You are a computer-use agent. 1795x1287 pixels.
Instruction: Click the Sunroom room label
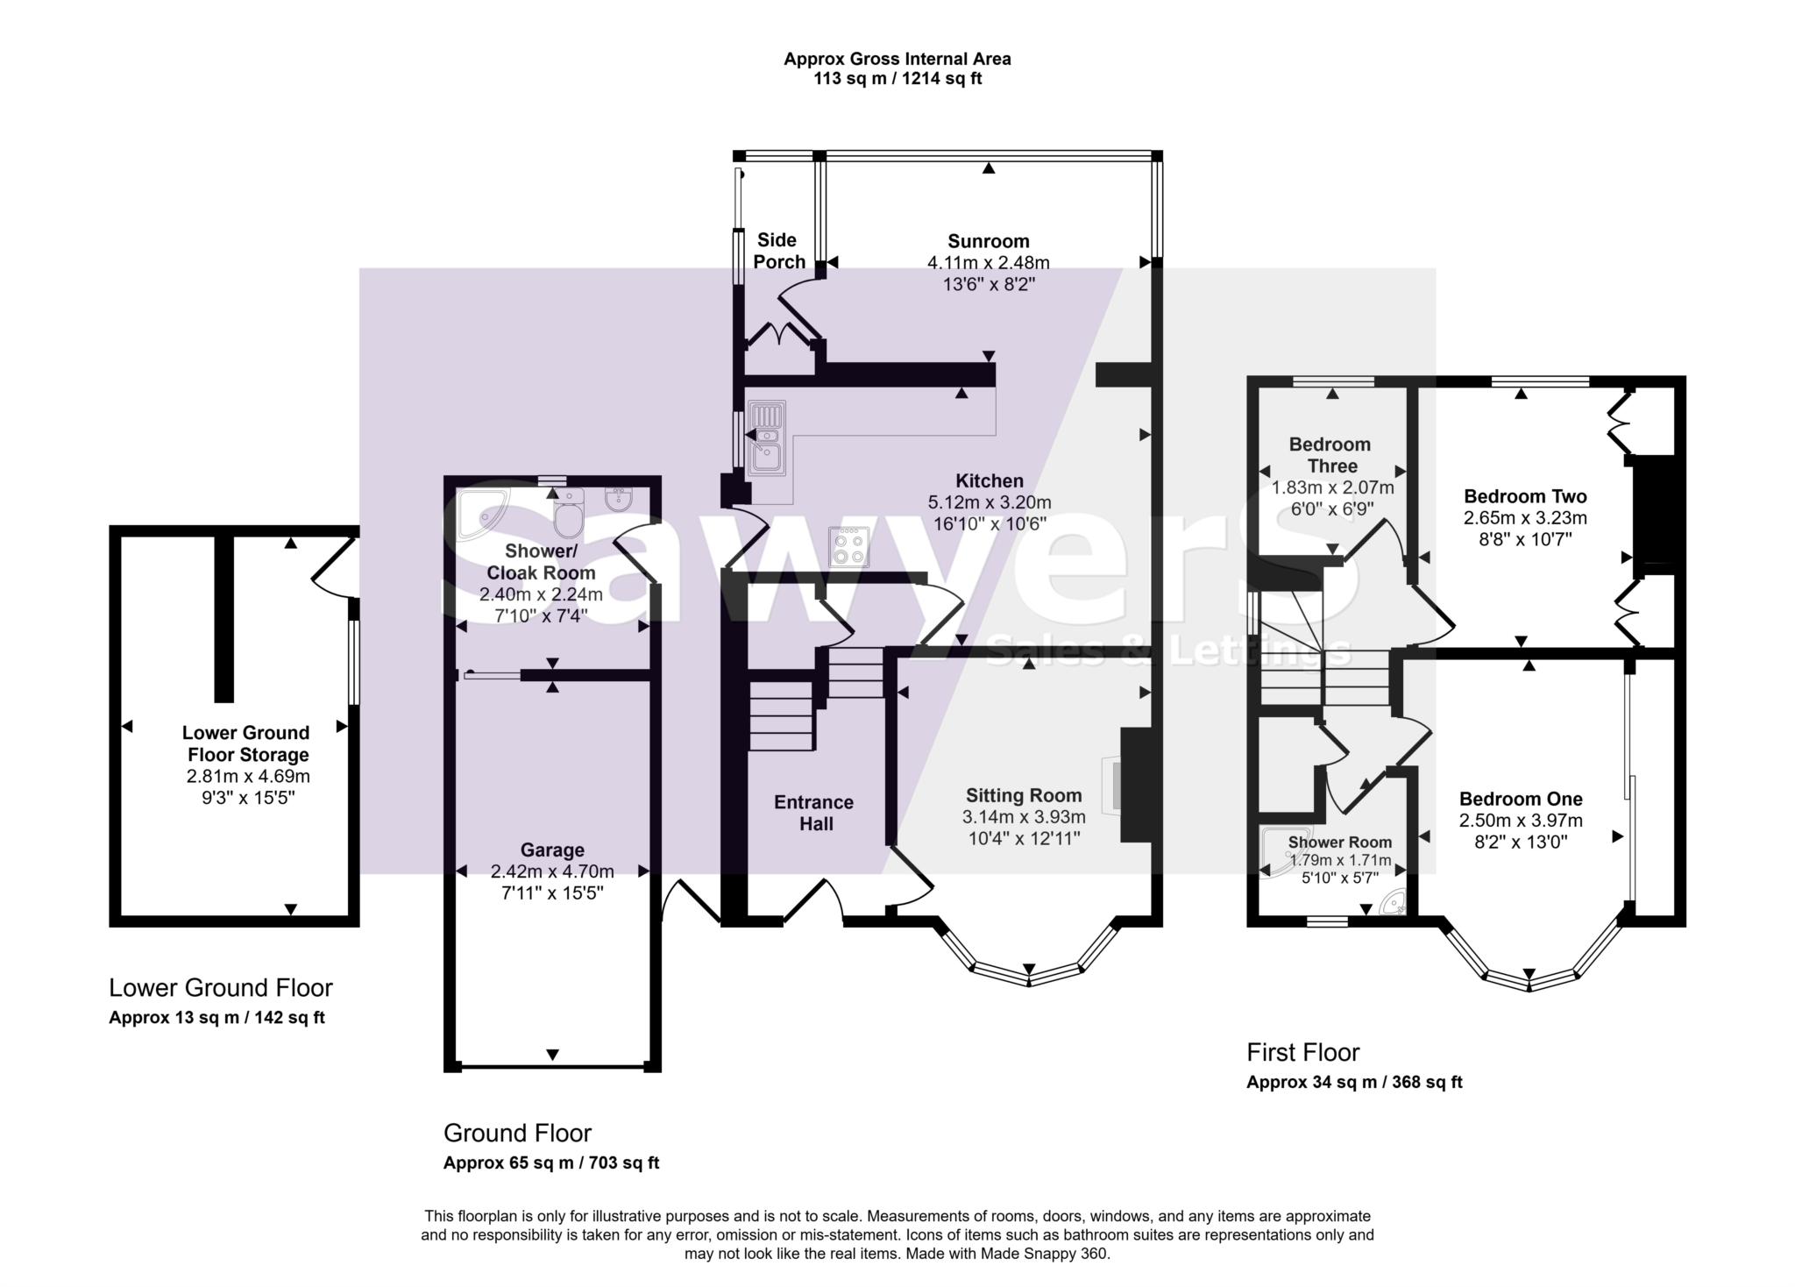[988, 241]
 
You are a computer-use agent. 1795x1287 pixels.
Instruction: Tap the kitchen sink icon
[767, 438]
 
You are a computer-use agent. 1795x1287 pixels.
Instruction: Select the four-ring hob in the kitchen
[849, 547]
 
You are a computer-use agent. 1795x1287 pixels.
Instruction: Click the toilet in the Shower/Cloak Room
[569, 516]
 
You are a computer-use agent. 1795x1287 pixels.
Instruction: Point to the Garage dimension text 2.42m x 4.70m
[552, 871]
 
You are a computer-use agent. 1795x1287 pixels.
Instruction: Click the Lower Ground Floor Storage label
[245, 743]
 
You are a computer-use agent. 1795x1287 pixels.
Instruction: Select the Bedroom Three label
[1330, 455]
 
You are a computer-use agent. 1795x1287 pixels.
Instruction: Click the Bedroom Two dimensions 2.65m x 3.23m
[1525, 518]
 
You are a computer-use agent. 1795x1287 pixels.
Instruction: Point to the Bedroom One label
[1521, 799]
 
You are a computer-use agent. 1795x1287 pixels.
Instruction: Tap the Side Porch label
[778, 251]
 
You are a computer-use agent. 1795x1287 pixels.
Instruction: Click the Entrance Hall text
[814, 813]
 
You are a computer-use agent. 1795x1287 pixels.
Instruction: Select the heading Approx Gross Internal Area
[897, 59]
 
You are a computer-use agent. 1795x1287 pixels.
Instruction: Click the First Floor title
[1302, 1052]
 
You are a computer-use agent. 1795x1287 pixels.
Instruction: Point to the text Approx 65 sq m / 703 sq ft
[551, 1163]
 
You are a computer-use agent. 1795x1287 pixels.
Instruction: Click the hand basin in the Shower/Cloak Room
[620, 501]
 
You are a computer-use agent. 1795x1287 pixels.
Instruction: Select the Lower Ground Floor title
[221, 988]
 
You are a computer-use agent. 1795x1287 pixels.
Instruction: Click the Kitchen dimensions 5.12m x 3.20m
[990, 502]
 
